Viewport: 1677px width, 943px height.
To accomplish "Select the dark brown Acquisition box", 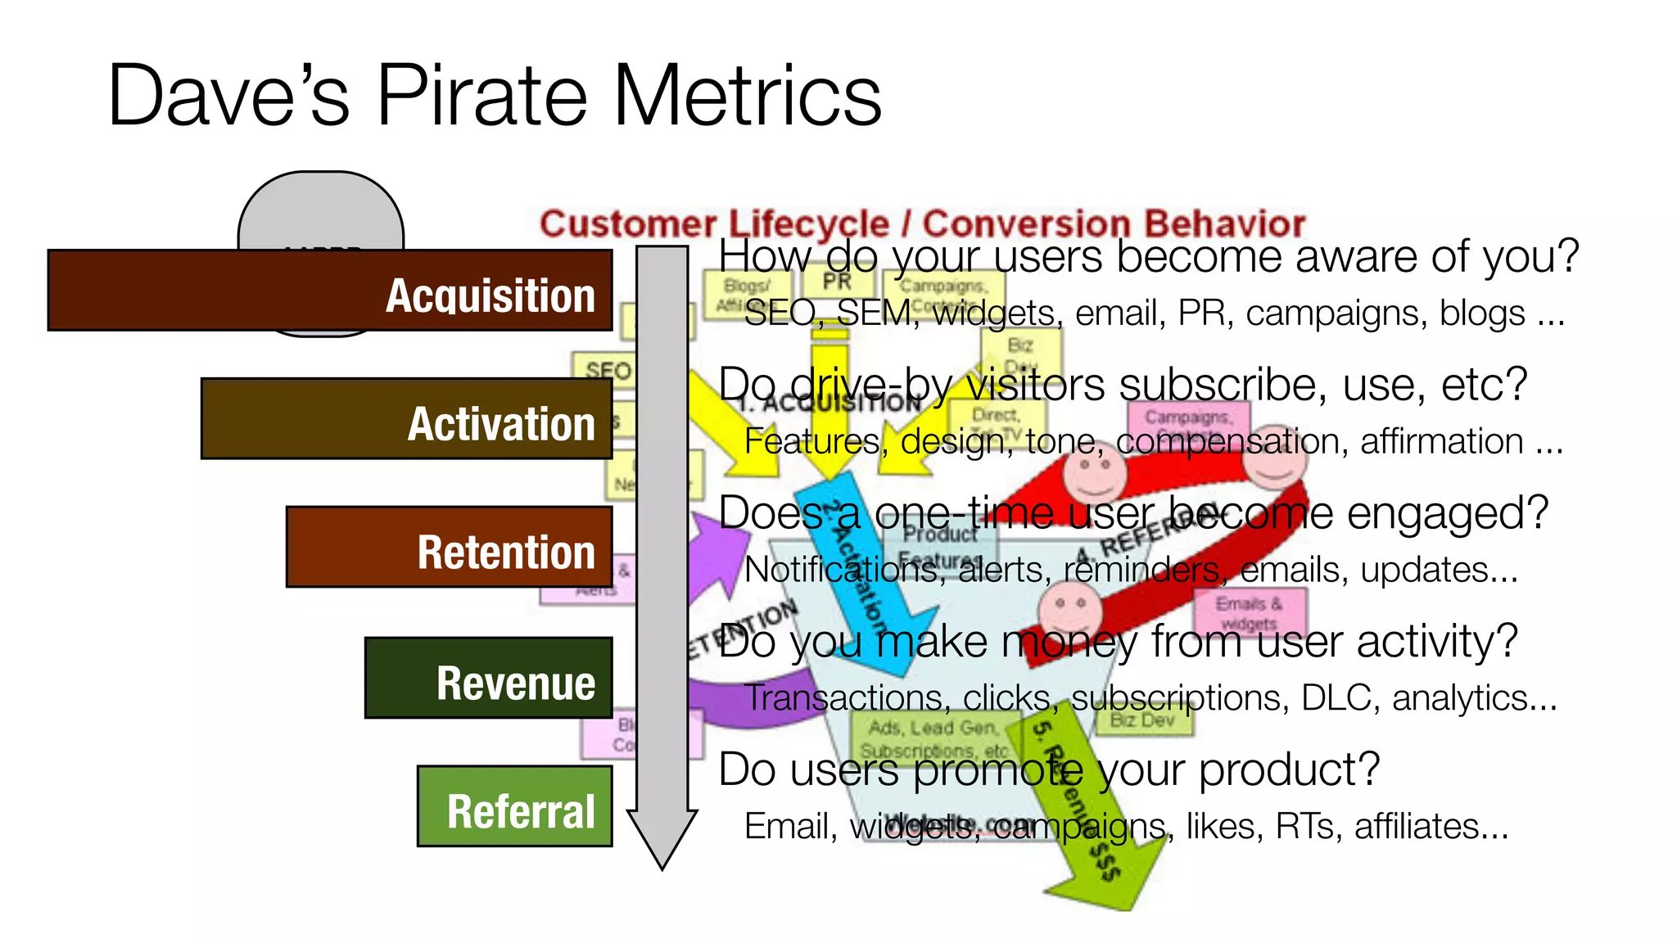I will [329, 291].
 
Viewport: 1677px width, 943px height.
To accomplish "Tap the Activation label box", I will [406, 418].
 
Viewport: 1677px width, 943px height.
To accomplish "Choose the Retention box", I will [449, 547].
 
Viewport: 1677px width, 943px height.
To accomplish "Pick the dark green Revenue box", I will [488, 678].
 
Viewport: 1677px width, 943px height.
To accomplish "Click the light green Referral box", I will [514, 806].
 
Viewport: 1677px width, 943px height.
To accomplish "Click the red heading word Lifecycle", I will [808, 223].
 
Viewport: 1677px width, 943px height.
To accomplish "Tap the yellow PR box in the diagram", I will [837, 282].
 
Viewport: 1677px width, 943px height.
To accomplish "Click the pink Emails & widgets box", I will [1249, 612].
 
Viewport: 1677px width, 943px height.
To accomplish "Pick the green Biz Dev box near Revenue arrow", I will [1143, 720].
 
